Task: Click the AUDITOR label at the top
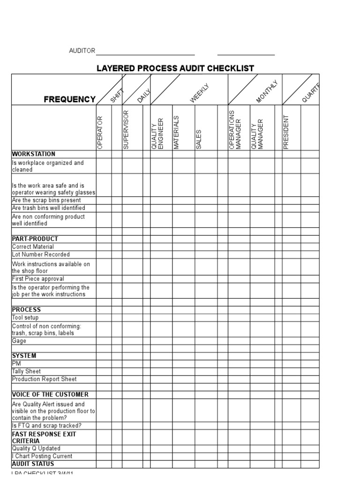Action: (82, 51)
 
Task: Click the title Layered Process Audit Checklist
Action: (175, 68)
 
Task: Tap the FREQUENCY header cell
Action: (69, 99)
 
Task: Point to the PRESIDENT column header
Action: (286, 132)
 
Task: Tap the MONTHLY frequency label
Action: (267, 92)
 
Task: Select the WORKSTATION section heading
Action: (33, 154)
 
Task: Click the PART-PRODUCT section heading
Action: (35, 239)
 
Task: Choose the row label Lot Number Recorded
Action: (41, 255)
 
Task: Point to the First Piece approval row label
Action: (38, 278)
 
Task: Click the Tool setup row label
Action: (25, 317)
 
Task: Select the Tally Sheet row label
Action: (26, 371)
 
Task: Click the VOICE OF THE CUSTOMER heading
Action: (50, 394)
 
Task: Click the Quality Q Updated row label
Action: (36, 448)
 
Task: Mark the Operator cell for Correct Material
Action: (104, 247)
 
